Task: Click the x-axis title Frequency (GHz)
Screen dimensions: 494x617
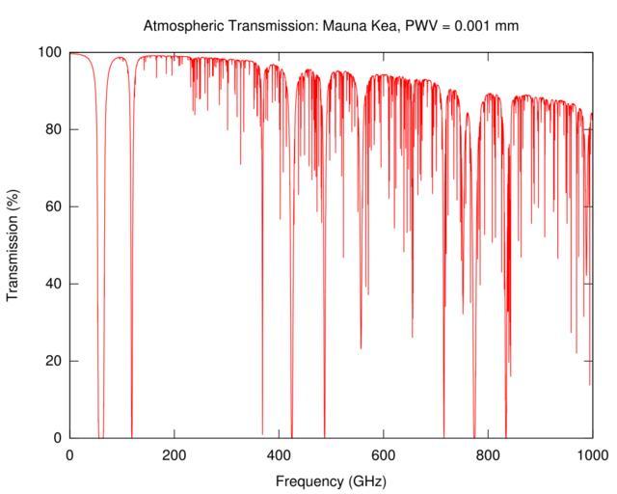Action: pyautogui.click(x=331, y=480)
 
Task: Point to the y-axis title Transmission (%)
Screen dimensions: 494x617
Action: pyautogui.click(x=13, y=245)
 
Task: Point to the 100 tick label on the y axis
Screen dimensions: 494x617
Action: pyautogui.click(x=51, y=52)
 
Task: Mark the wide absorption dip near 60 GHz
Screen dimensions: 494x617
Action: pyautogui.click(x=100, y=289)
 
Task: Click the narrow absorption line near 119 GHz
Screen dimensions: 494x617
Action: pyautogui.click(x=132, y=289)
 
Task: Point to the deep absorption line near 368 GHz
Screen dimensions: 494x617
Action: pyautogui.click(x=262, y=289)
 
